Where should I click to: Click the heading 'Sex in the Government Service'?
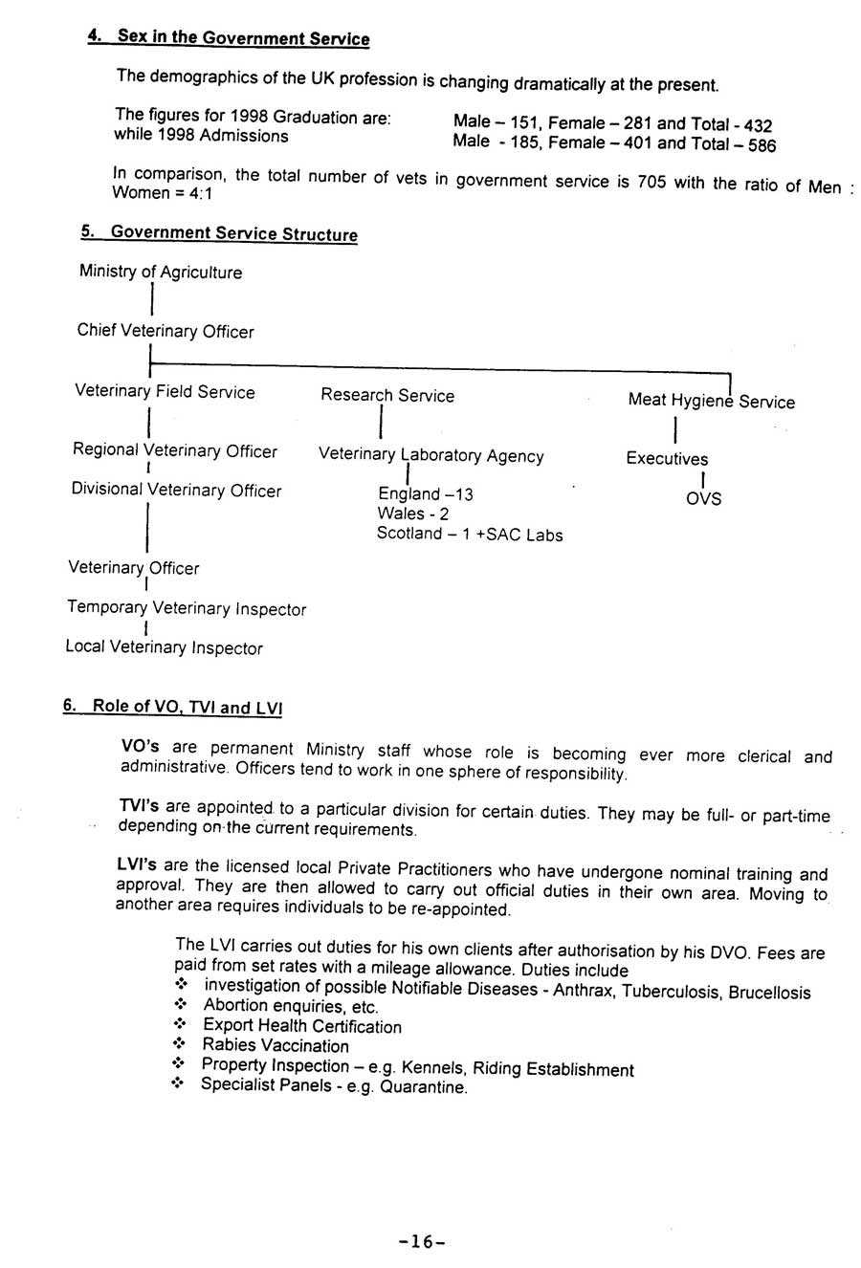click(242, 39)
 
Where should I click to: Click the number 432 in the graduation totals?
click(758, 125)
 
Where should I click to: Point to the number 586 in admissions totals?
click(762, 146)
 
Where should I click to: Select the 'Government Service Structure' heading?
click(233, 234)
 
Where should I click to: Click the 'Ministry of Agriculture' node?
click(161, 273)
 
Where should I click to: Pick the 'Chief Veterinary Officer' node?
click(166, 332)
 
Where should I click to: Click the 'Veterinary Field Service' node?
click(166, 392)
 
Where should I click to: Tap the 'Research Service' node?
click(387, 396)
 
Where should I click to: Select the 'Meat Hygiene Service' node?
click(711, 402)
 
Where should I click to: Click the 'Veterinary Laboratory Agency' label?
click(430, 456)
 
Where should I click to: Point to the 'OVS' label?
click(703, 499)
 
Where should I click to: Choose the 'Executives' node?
click(667, 459)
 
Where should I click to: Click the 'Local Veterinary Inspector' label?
click(164, 648)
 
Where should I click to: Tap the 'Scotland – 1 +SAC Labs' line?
click(469, 535)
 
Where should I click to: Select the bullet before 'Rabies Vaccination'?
click(179, 1045)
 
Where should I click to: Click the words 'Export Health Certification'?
click(302, 1027)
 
